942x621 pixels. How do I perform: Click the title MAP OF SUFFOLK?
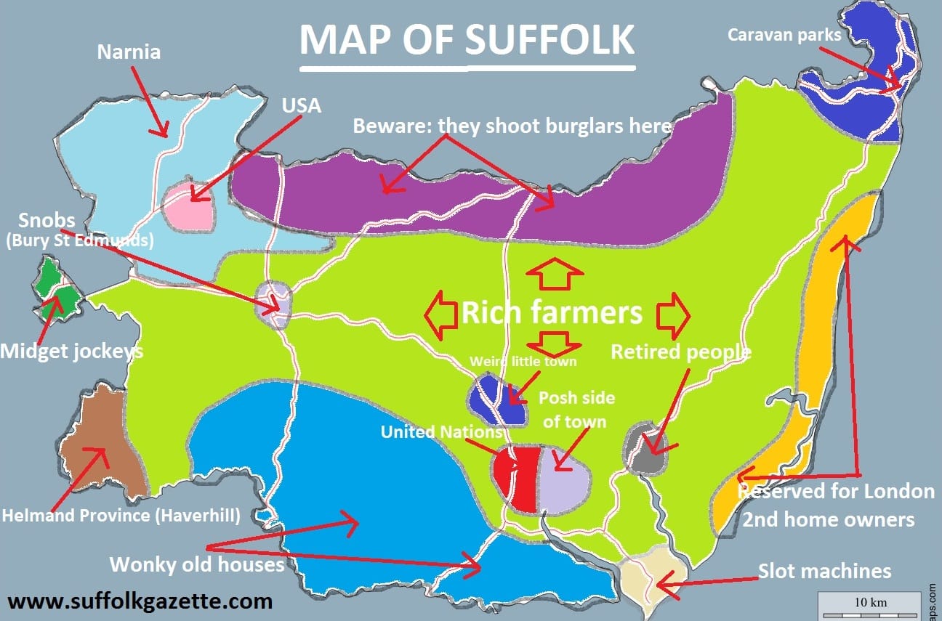point(467,40)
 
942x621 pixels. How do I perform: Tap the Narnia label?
point(129,52)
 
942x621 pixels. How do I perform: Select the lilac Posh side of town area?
point(564,479)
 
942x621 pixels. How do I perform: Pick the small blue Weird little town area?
point(497,400)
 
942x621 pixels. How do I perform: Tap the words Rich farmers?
point(552,312)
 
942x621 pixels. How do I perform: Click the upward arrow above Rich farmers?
point(555,276)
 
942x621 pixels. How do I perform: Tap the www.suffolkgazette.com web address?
point(140,601)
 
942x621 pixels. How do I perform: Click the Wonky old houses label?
point(196,564)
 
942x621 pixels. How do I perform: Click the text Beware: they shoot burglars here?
point(512,126)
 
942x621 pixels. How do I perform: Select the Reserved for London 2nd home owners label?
point(836,505)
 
